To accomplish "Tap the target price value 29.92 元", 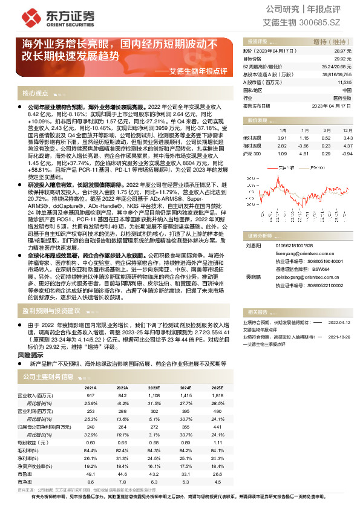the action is coord(342,59).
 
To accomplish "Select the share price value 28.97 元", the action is coord(342,52).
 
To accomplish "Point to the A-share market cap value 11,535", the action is coord(342,82).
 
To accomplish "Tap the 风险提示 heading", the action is coord(34,357).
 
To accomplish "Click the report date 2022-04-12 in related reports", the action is coord(339,323).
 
